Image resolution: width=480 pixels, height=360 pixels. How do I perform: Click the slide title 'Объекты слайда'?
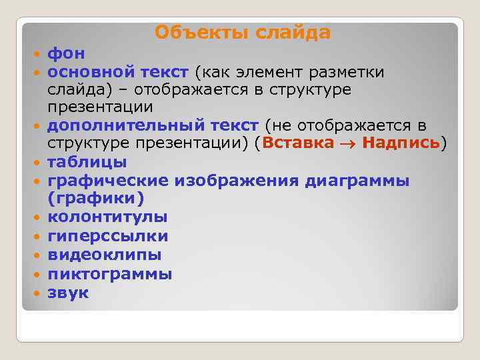tap(243, 32)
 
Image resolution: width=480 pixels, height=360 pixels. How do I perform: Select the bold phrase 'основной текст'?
tap(119, 71)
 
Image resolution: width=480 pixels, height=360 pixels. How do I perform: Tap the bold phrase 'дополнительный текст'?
tap(153, 125)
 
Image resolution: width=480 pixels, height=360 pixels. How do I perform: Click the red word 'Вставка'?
tap(298, 143)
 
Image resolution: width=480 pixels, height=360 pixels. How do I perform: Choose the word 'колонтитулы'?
tap(107, 217)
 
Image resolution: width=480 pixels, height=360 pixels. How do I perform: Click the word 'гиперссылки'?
tap(107, 236)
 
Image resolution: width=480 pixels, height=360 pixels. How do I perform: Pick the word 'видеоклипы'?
tap(104, 255)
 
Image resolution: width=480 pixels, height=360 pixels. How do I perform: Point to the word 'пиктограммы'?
tap(109, 273)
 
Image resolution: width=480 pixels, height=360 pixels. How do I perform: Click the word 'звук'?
tap(68, 292)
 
